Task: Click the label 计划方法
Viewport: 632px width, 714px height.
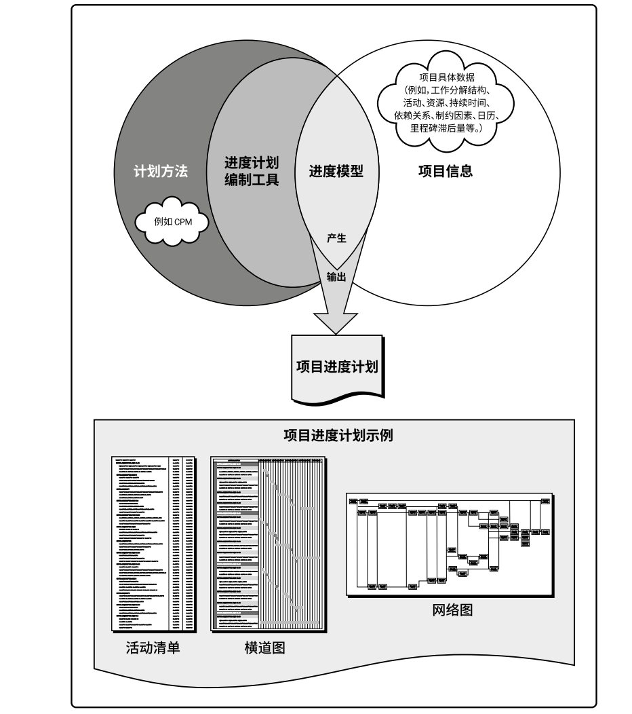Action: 160,172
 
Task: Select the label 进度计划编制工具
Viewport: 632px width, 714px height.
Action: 251,172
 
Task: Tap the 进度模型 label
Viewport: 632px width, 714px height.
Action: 336,172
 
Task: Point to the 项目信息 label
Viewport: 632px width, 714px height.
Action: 445,172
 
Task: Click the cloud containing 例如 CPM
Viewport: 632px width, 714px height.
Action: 172,221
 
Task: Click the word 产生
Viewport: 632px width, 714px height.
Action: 336,239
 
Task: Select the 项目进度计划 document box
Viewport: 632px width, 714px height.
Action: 336,367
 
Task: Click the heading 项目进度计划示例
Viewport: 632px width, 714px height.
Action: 338,435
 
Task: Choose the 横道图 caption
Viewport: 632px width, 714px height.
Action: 264,647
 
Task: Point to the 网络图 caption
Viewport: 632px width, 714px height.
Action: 452,609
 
